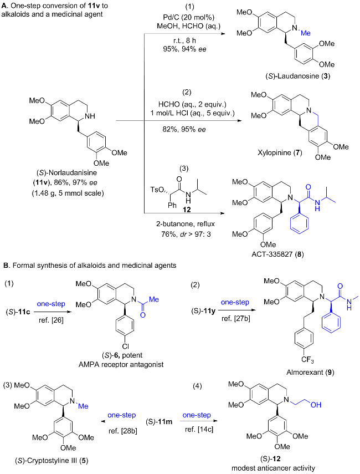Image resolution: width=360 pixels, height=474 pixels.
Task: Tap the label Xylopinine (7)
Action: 280,152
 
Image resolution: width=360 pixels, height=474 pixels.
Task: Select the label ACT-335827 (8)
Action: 277,254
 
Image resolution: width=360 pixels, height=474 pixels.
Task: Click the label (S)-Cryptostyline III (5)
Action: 52,460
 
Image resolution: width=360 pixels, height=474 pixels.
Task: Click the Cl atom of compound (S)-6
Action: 125,346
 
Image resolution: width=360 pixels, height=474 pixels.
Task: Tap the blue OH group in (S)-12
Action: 316,405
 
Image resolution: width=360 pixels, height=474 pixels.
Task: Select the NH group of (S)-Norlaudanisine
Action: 90,116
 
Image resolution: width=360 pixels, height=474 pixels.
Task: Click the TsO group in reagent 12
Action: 158,190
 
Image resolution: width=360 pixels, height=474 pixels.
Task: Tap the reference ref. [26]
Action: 51,320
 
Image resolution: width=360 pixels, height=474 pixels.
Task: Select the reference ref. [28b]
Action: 122,431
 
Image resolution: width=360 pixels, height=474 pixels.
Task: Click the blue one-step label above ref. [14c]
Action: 197,415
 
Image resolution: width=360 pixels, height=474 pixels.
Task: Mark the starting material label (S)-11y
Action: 203,311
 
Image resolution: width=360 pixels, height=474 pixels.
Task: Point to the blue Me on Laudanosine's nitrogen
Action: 305,33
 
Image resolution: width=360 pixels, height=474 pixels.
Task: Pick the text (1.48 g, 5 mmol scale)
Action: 68,193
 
